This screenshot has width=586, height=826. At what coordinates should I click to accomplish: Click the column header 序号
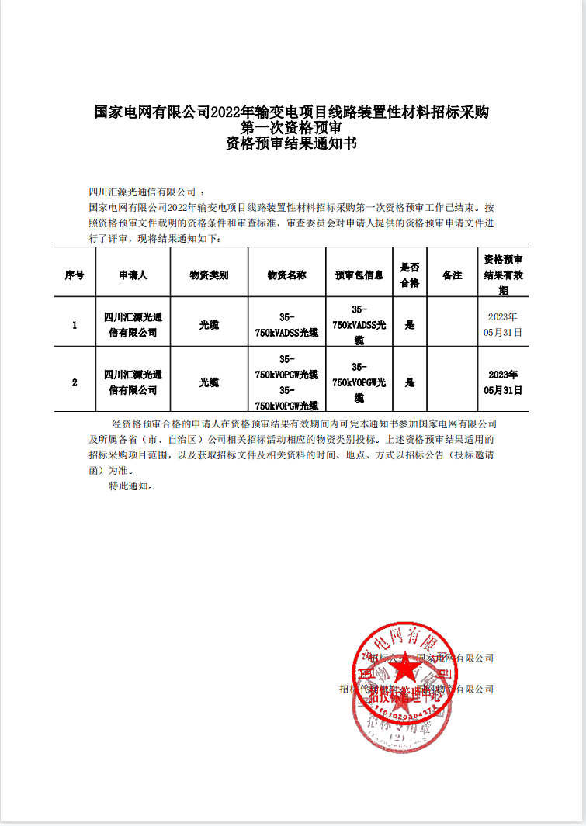75,275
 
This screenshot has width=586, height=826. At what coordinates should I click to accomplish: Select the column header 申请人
133,275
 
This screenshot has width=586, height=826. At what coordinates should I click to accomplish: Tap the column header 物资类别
209,275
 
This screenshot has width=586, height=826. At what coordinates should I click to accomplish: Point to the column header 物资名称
286,275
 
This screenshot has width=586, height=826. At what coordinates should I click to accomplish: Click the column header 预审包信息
359,275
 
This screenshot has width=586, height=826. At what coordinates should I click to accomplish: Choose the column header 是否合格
409,275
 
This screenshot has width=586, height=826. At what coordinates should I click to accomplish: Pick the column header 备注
452,275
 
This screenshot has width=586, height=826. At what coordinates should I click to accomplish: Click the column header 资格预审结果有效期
503,275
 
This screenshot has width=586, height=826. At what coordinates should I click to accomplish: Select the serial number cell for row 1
75,325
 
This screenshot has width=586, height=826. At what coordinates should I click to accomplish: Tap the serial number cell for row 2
75,382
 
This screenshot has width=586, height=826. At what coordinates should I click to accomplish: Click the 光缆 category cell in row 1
209,325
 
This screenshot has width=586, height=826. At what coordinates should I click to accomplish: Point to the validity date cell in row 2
503,382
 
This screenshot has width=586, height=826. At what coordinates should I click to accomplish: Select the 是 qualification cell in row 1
409,325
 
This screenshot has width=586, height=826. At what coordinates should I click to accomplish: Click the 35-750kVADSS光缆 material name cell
286,325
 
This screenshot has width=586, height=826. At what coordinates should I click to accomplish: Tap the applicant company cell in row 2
133,382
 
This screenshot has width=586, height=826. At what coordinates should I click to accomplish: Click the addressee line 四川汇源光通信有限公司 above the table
144,192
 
